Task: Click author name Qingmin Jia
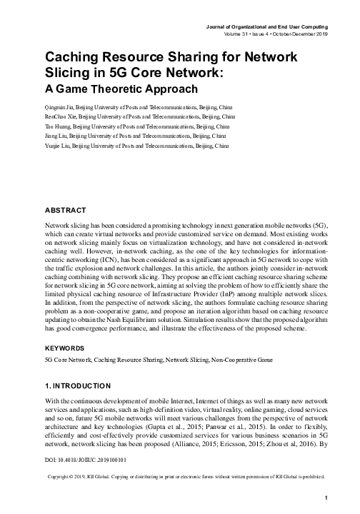[x=58, y=104]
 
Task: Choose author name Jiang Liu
[x=55, y=134]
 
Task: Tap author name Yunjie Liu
[x=56, y=145]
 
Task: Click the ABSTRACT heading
[x=65, y=211]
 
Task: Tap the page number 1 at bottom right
[x=325, y=498]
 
